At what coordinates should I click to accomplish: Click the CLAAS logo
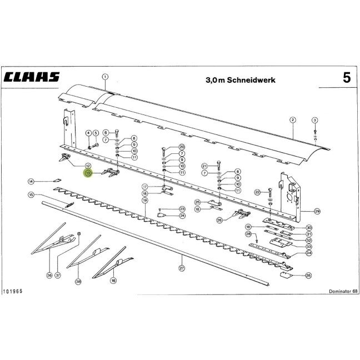click(x=32, y=77)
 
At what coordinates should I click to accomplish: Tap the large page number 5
click(x=347, y=78)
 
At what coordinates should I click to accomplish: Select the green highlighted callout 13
click(x=88, y=173)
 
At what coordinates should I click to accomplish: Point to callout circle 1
click(x=105, y=77)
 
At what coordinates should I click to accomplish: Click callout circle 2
click(x=292, y=120)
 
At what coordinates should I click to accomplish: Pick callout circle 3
click(x=315, y=120)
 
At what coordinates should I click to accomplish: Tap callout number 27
click(x=182, y=268)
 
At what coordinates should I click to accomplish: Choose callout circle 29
click(x=317, y=211)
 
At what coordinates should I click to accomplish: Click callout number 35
click(x=308, y=276)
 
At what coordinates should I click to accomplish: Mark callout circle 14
click(x=31, y=182)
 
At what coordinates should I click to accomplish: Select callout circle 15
click(x=31, y=195)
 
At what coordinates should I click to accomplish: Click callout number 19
click(x=145, y=201)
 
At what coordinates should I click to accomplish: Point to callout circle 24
click(x=182, y=216)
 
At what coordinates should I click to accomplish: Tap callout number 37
click(x=58, y=275)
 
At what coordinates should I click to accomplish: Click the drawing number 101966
click(x=13, y=291)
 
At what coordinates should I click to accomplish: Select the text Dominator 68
click(x=343, y=291)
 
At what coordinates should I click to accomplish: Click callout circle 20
click(x=182, y=147)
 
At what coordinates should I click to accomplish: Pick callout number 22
click(x=257, y=192)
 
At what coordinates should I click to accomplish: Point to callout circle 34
click(x=309, y=253)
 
